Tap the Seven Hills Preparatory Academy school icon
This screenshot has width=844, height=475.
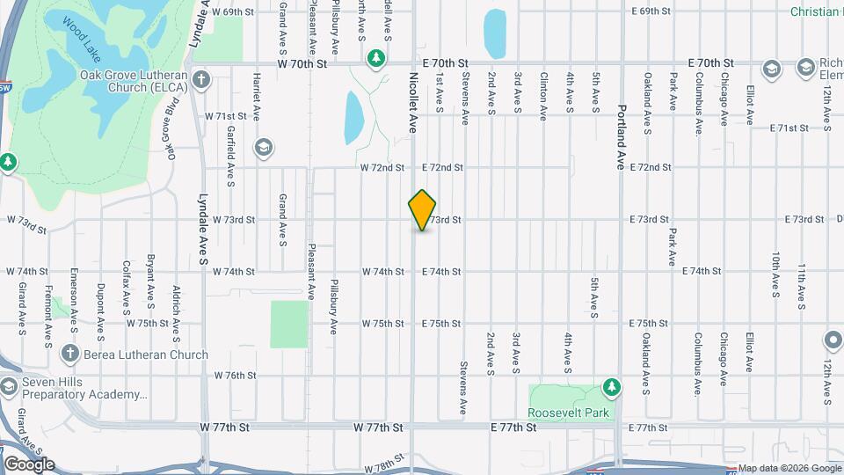[x=9, y=388]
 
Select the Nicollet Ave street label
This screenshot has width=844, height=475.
[x=412, y=102]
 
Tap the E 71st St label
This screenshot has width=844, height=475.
[x=789, y=128]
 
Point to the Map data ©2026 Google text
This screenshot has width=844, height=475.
[x=789, y=468]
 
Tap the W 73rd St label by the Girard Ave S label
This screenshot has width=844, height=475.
[x=25, y=221]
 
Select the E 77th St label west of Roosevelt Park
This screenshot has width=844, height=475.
[x=513, y=427]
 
